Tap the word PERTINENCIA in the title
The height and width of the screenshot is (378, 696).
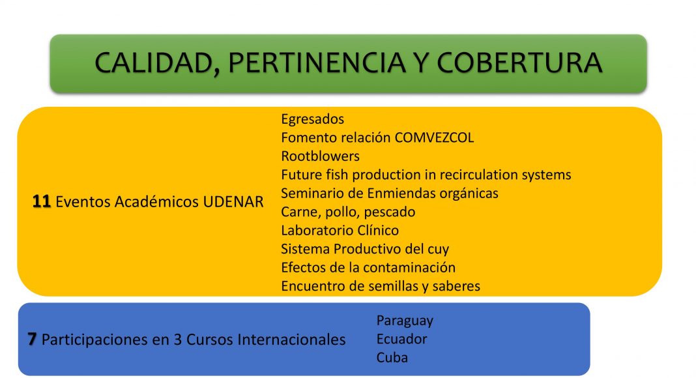tap(317, 63)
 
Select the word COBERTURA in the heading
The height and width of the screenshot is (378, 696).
tap(519, 63)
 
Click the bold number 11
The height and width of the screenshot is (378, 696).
tap(41, 201)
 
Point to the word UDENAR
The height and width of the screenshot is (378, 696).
tap(233, 202)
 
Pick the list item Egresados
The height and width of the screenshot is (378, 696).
tap(313, 119)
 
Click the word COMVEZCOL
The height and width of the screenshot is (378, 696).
tap(434, 138)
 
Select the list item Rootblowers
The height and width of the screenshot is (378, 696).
tap(320, 156)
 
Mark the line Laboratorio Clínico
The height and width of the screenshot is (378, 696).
tap(340, 231)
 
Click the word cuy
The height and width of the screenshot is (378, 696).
tap(438, 250)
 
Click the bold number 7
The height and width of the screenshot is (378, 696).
tap(31, 340)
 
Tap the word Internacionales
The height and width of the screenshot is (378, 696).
tap(291, 340)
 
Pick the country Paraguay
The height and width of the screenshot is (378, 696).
tap(405, 321)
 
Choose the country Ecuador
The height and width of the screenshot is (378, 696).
tap(401, 339)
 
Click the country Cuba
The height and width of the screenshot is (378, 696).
tap(392, 358)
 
